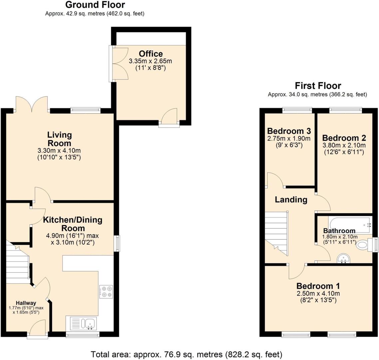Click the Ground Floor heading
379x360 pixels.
pos(95,5)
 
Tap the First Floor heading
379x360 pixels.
pos(318,86)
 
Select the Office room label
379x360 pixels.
pos(151,54)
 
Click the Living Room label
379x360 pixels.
pos(60,139)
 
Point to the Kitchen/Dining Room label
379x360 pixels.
pos(73,224)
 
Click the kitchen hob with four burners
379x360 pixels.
pos(106,291)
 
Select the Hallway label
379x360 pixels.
pos(26,303)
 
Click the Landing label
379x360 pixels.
pos(291,200)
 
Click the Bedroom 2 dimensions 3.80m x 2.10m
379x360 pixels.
pos(344,145)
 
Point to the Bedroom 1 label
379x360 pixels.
pos(318,286)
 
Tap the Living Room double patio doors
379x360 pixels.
pos(32,104)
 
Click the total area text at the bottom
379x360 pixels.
pos(187,354)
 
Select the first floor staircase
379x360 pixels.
pos(276,233)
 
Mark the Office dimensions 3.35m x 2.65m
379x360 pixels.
pos(151,61)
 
